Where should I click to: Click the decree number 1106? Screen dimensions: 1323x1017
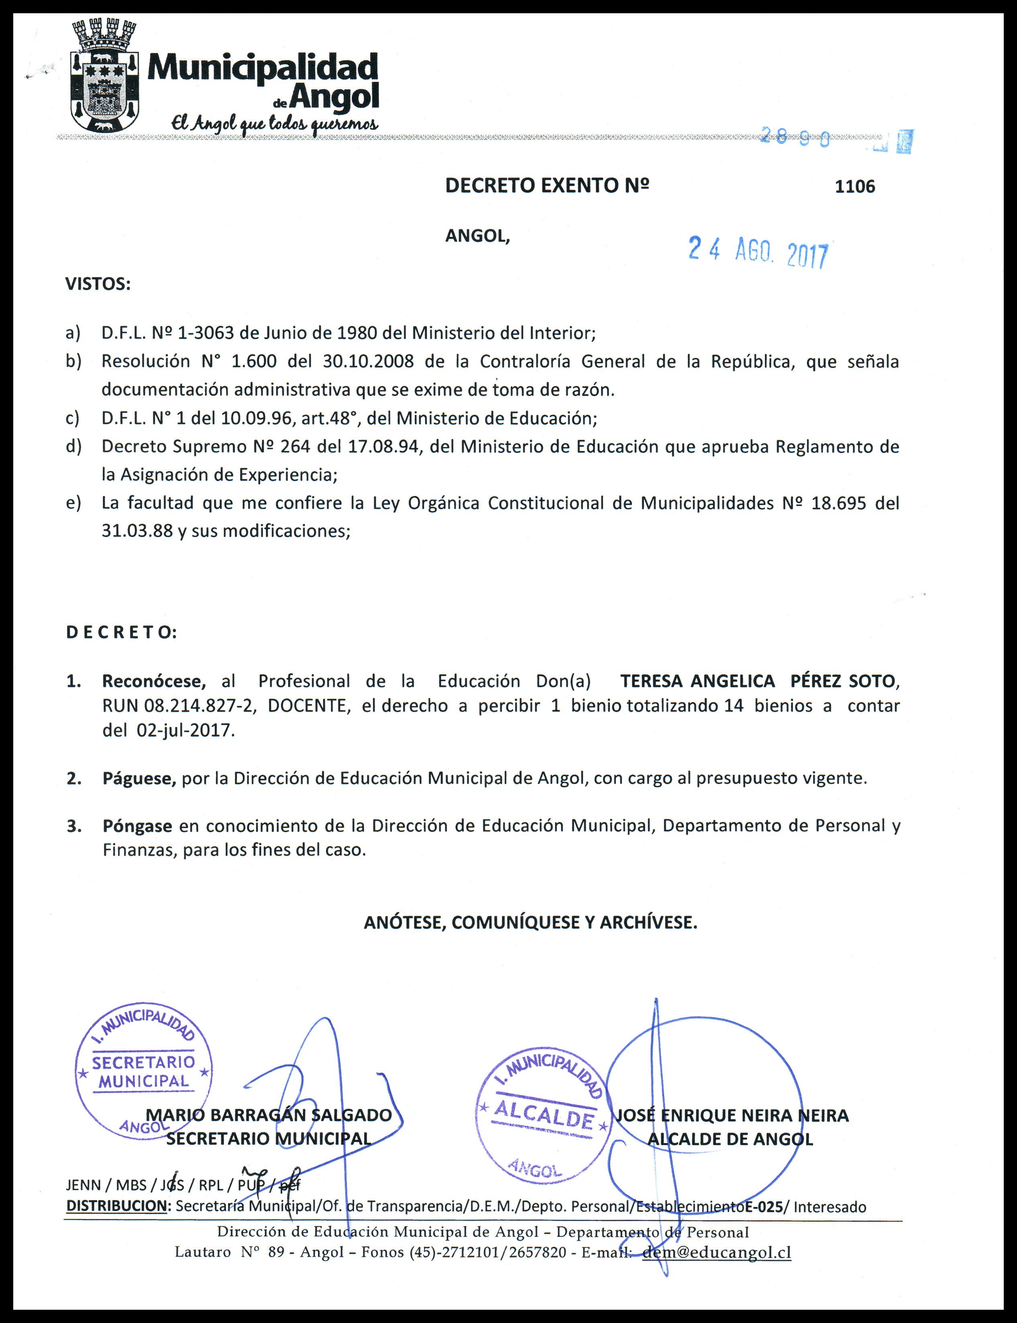(x=855, y=186)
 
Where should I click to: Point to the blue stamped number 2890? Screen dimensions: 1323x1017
(x=795, y=138)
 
